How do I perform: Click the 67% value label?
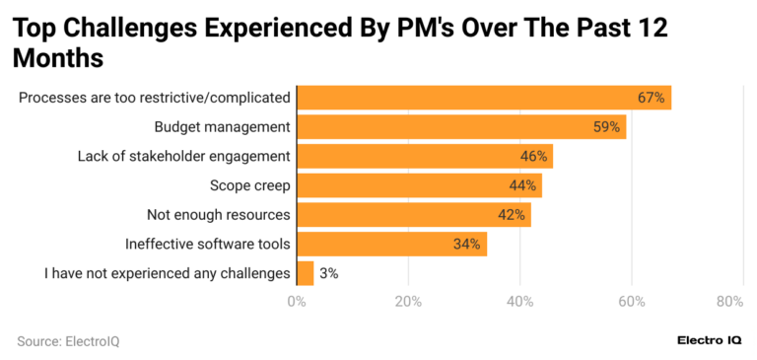[x=652, y=98]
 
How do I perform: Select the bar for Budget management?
[x=460, y=127]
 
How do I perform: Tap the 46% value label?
[x=533, y=156]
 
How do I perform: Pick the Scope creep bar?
[x=418, y=185]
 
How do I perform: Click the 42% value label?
[x=512, y=215]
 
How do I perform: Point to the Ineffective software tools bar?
[x=390, y=244]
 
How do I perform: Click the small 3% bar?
[x=305, y=273]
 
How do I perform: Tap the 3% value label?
[x=329, y=273]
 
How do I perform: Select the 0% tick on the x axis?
[x=296, y=301]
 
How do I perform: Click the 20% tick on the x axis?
[x=408, y=301]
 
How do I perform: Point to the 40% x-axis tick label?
[x=519, y=301]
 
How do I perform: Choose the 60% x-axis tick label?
[x=631, y=301]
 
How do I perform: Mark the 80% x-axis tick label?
[x=729, y=301]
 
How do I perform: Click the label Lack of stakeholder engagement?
[x=183, y=156]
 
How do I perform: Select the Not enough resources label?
[x=218, y=215]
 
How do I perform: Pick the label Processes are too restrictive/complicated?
[x=155, y=98]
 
